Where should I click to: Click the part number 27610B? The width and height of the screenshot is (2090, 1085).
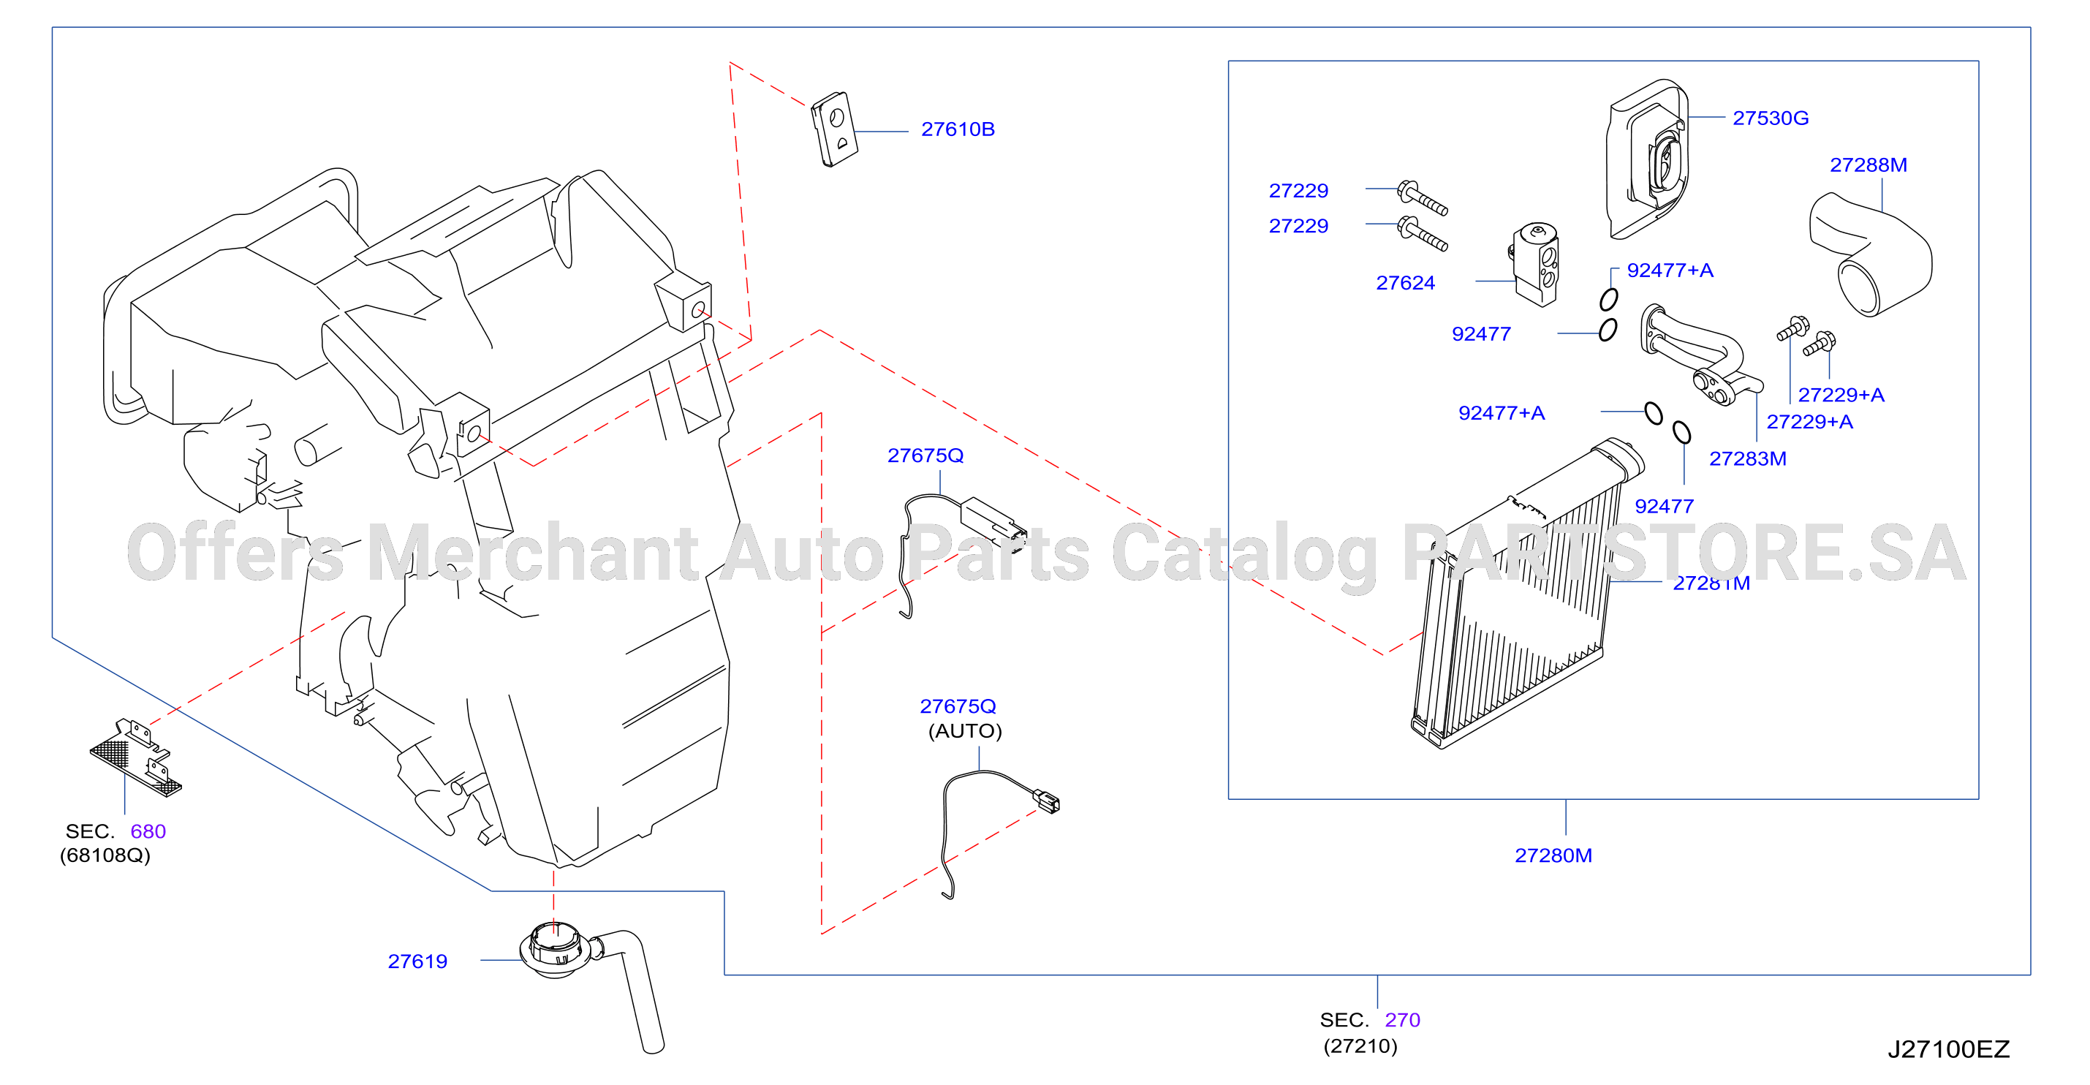[x=958, y=129]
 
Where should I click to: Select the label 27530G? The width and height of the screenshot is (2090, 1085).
[x=1771, y=118]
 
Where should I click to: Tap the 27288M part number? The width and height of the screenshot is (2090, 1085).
[x=1868, y=165]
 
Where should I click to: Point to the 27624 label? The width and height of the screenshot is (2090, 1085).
[x=1405, y=282]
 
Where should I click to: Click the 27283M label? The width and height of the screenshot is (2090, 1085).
[x=1748, y=458]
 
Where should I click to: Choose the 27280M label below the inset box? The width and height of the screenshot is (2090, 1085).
[x=1553, y=855]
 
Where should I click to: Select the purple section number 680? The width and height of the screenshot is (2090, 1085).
[x=148, y=831]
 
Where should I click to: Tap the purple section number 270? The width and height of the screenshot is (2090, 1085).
[x=1402, y=1019]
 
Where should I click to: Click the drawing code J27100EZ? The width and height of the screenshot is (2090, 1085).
[x=1948, y=1049]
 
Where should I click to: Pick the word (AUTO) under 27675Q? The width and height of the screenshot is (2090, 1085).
[x=965, y=731]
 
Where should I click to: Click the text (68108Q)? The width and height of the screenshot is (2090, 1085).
[x=105, y=855]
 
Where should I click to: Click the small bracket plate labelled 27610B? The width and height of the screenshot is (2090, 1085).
[x=834, y=129]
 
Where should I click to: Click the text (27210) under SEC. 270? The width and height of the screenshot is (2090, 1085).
[x=1360, y=1046]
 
